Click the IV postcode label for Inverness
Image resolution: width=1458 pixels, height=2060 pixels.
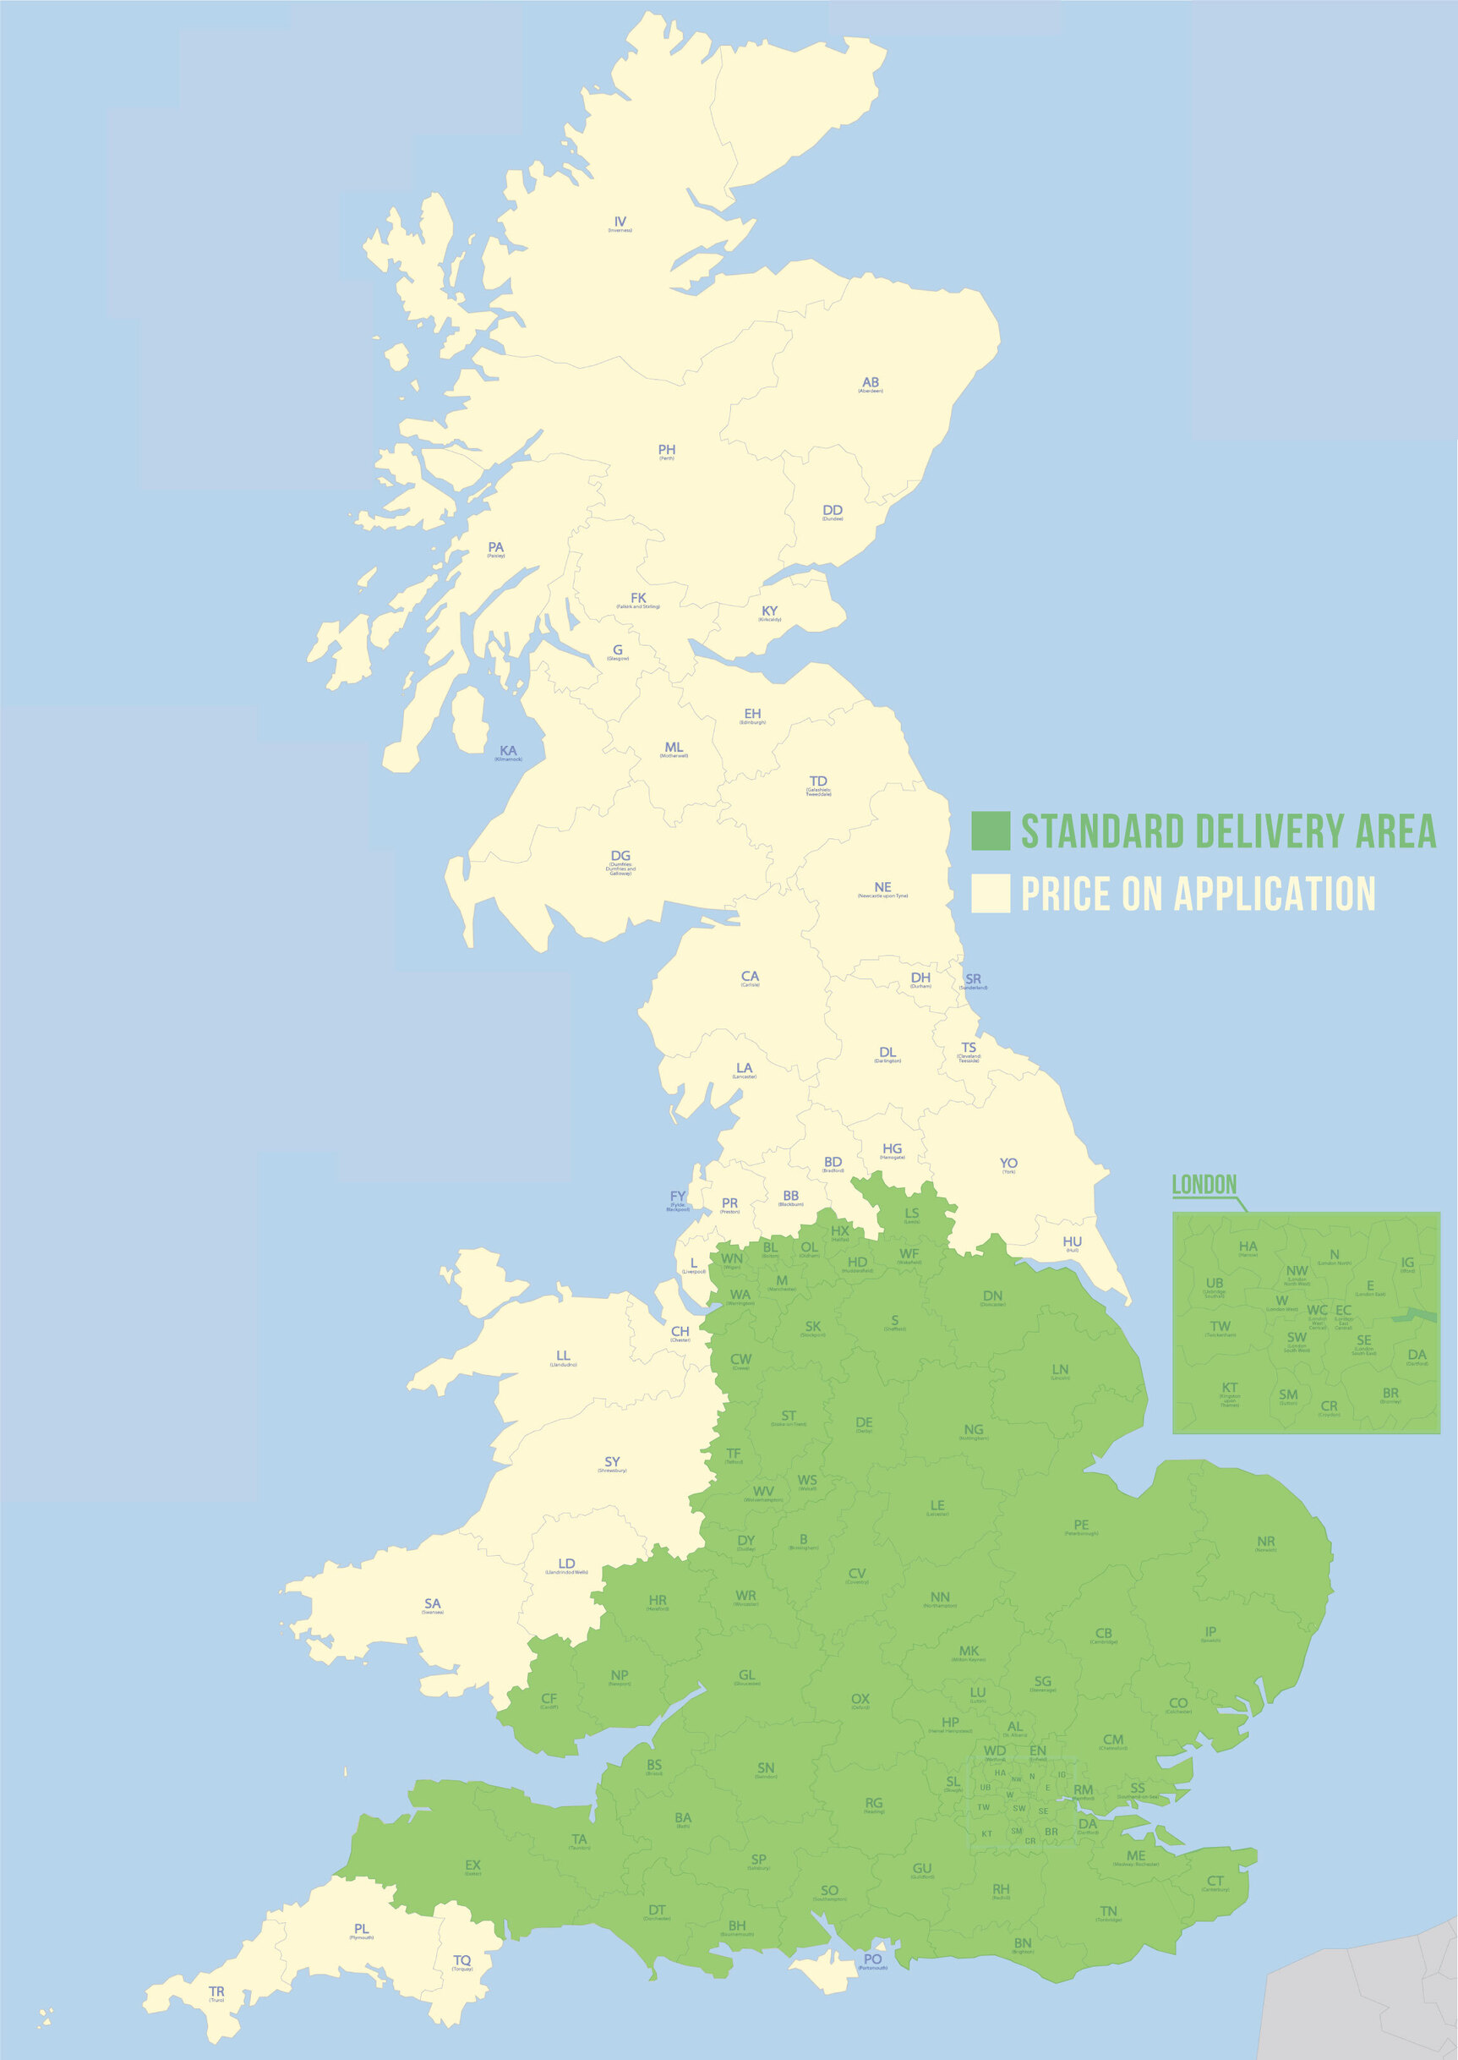[x=620, y=222]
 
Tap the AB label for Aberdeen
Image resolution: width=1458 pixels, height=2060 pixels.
[x=870, y=382]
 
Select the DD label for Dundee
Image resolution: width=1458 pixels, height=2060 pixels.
[x=833, y=511]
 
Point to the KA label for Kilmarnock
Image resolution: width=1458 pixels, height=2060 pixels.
[x=508, y=751]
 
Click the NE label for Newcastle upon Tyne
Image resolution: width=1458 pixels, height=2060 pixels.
[x=882, y=887]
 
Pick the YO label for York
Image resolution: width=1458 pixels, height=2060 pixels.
[x=1008, y=1164]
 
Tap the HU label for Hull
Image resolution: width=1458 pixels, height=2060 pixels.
[x=1072, y=1242]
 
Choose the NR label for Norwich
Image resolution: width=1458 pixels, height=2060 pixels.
[x=1266, y=1542]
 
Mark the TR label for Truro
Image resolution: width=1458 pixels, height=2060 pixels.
[x=216, y=1992]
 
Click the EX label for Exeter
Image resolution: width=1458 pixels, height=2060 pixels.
[x=472, y=1866]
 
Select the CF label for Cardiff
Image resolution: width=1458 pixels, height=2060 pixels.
[x=549, y=1699]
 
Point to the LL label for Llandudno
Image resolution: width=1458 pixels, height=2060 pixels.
[x=563, y=1356]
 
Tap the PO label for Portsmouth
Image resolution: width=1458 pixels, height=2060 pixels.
[x=872, y=1959]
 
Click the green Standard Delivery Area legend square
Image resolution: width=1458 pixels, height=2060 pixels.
[x=991, y=830]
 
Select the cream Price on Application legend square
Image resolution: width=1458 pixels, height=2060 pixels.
[x=991, y=894]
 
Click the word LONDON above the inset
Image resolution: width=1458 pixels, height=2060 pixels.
[x=1204, y=1186]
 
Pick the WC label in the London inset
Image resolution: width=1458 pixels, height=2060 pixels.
[x=1316, y=1310]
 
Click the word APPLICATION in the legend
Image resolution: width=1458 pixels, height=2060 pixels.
[x=1275, y=895]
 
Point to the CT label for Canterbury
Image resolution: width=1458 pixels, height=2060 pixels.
[x=1215, y=1882]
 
